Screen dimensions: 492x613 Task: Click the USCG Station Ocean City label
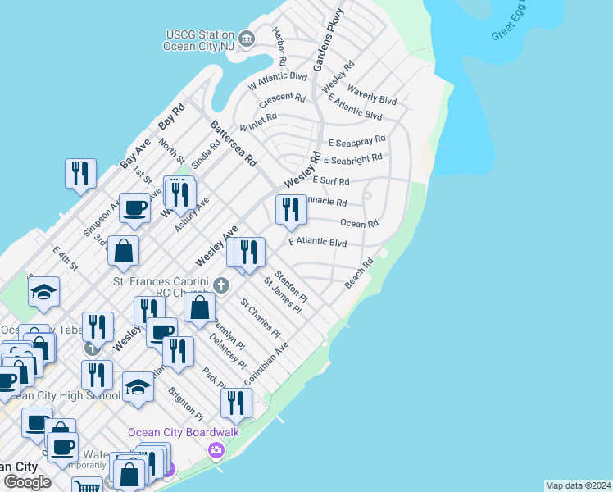click(198, 40)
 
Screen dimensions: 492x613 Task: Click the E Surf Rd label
click(330, 180)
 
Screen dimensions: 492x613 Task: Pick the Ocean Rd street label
click(359, 223)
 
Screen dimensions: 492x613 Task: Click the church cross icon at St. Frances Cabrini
click(220, 285)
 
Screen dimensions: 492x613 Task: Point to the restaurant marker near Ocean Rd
click(290, 210)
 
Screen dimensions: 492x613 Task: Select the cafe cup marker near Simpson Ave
click(134, 207)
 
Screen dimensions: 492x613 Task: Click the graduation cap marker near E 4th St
click(43, 293)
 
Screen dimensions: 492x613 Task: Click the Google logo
click(28, 482)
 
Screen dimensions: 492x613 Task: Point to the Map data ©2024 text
click(578, 485)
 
